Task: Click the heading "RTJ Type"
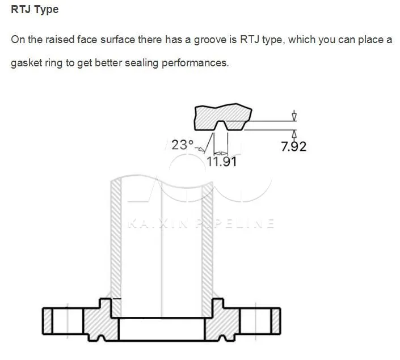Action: click(x=35, y=10)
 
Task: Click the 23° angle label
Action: click(x=183, y=145)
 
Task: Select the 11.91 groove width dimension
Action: click(x=221, y=162)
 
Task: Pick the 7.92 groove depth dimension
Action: click(x=294, y=147)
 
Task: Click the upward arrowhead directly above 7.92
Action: click(x=294, y=134)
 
